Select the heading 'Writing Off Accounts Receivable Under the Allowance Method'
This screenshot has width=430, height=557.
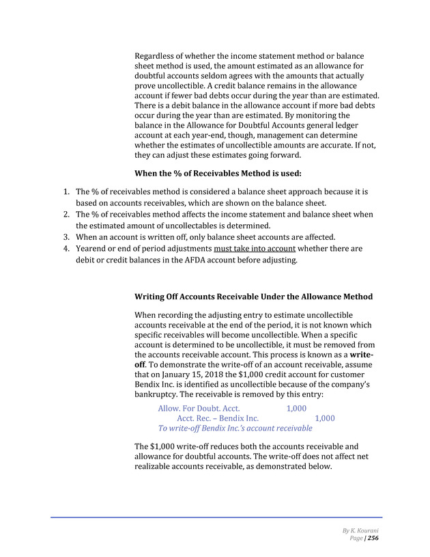(x=254, y=297)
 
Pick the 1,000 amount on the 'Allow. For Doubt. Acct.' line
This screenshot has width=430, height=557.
(x=296, y=408)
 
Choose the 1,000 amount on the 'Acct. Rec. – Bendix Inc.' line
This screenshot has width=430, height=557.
(x=324, y=418)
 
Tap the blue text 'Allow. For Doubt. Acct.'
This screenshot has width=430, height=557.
(x=199, y=408)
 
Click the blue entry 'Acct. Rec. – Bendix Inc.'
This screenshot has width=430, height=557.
(x=218, y=418)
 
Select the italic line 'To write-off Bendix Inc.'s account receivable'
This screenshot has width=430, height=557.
(x=235, y=429)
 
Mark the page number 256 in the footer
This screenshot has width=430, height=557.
(x=373, y=539)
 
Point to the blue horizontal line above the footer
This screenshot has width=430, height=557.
(x=216, y=517)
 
